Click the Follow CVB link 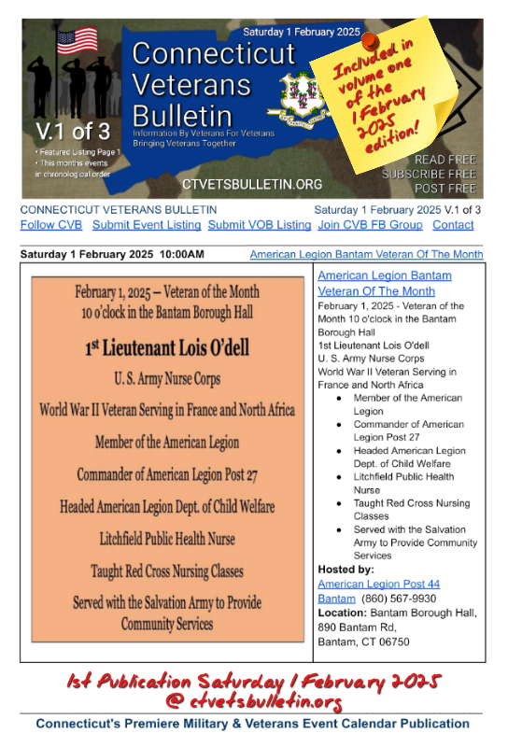(x=51, y=225)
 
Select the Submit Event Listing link (x=147, y=225)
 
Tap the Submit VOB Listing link (x=260, y=225)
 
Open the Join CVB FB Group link (x=370, y=225)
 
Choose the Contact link (x=453, y=225)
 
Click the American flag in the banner (x=77, y=41)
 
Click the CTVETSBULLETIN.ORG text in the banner (x=252, y=185)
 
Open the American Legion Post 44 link (x=378, y=584)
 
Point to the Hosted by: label (x=346, y=569)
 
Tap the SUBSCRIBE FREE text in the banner (x=430, y=175)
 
